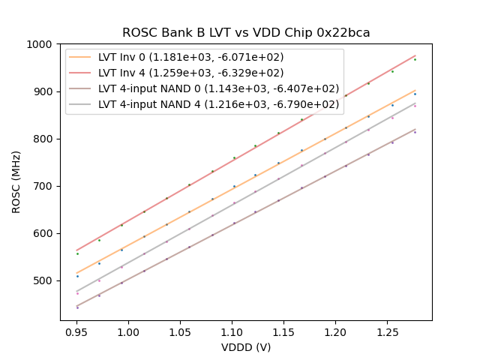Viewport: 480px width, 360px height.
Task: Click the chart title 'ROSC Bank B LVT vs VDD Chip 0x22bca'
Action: pos(246,33)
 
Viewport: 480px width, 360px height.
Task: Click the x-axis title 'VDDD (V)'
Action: pos(246,347)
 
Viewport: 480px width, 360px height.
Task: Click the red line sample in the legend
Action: pos(82,73)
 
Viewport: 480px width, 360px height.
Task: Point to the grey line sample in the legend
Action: pos(82,103)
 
